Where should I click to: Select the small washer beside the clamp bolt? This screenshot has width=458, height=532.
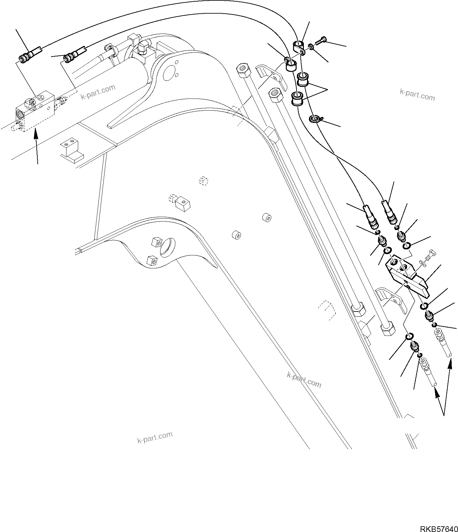[311, 47]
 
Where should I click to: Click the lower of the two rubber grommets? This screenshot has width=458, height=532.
[297, 98]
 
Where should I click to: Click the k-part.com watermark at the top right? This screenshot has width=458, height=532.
[417, 94]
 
